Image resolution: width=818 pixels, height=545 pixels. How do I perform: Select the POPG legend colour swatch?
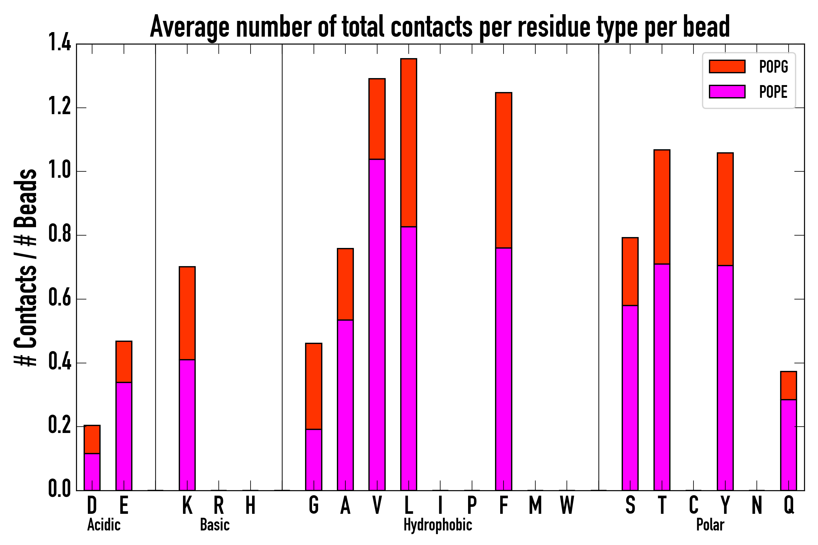click(x=727, y=66)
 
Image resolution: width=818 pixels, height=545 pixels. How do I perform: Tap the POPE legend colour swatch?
click(x=727, y=91)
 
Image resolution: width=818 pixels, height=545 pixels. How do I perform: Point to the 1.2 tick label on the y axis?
click(x=59, y=107)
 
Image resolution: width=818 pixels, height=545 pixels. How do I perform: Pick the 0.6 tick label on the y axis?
click(x=59, y=299)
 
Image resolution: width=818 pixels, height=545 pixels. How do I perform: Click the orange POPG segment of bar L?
click(x=409, y=143)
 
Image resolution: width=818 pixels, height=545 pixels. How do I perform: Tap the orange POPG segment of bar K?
click(x=187, y=313)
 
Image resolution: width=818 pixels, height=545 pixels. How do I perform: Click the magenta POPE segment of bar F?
click(x=504, y=369)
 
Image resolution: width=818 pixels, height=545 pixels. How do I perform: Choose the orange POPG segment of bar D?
click(x=92, y=439)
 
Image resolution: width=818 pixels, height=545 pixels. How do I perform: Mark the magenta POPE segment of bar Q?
click(x=788, y=445)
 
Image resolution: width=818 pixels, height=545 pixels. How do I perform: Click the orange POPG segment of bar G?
click(x=314, y=386)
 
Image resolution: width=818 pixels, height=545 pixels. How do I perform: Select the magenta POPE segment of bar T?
click(x=662, y=377)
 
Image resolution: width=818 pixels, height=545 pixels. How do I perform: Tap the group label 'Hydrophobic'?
click(x=437, y=525)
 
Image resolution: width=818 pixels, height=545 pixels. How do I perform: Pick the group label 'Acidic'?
click(x=104, y=525)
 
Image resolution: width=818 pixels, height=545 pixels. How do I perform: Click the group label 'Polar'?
click(x=710, y=525)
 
